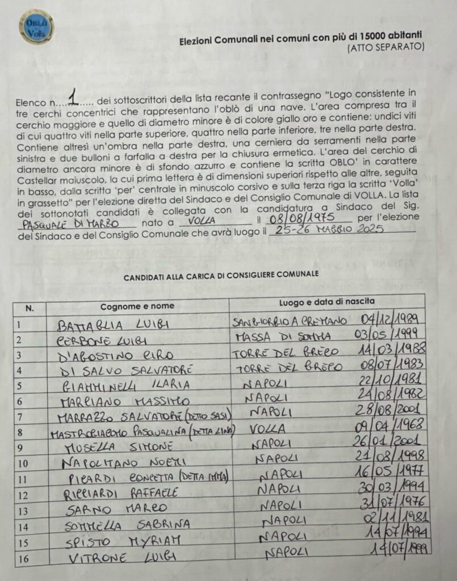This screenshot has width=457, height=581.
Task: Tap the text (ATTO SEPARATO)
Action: click(385, 48)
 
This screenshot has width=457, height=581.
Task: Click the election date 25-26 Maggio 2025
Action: click(328, 230)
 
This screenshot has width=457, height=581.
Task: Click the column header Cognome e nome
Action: click(137, 306)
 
